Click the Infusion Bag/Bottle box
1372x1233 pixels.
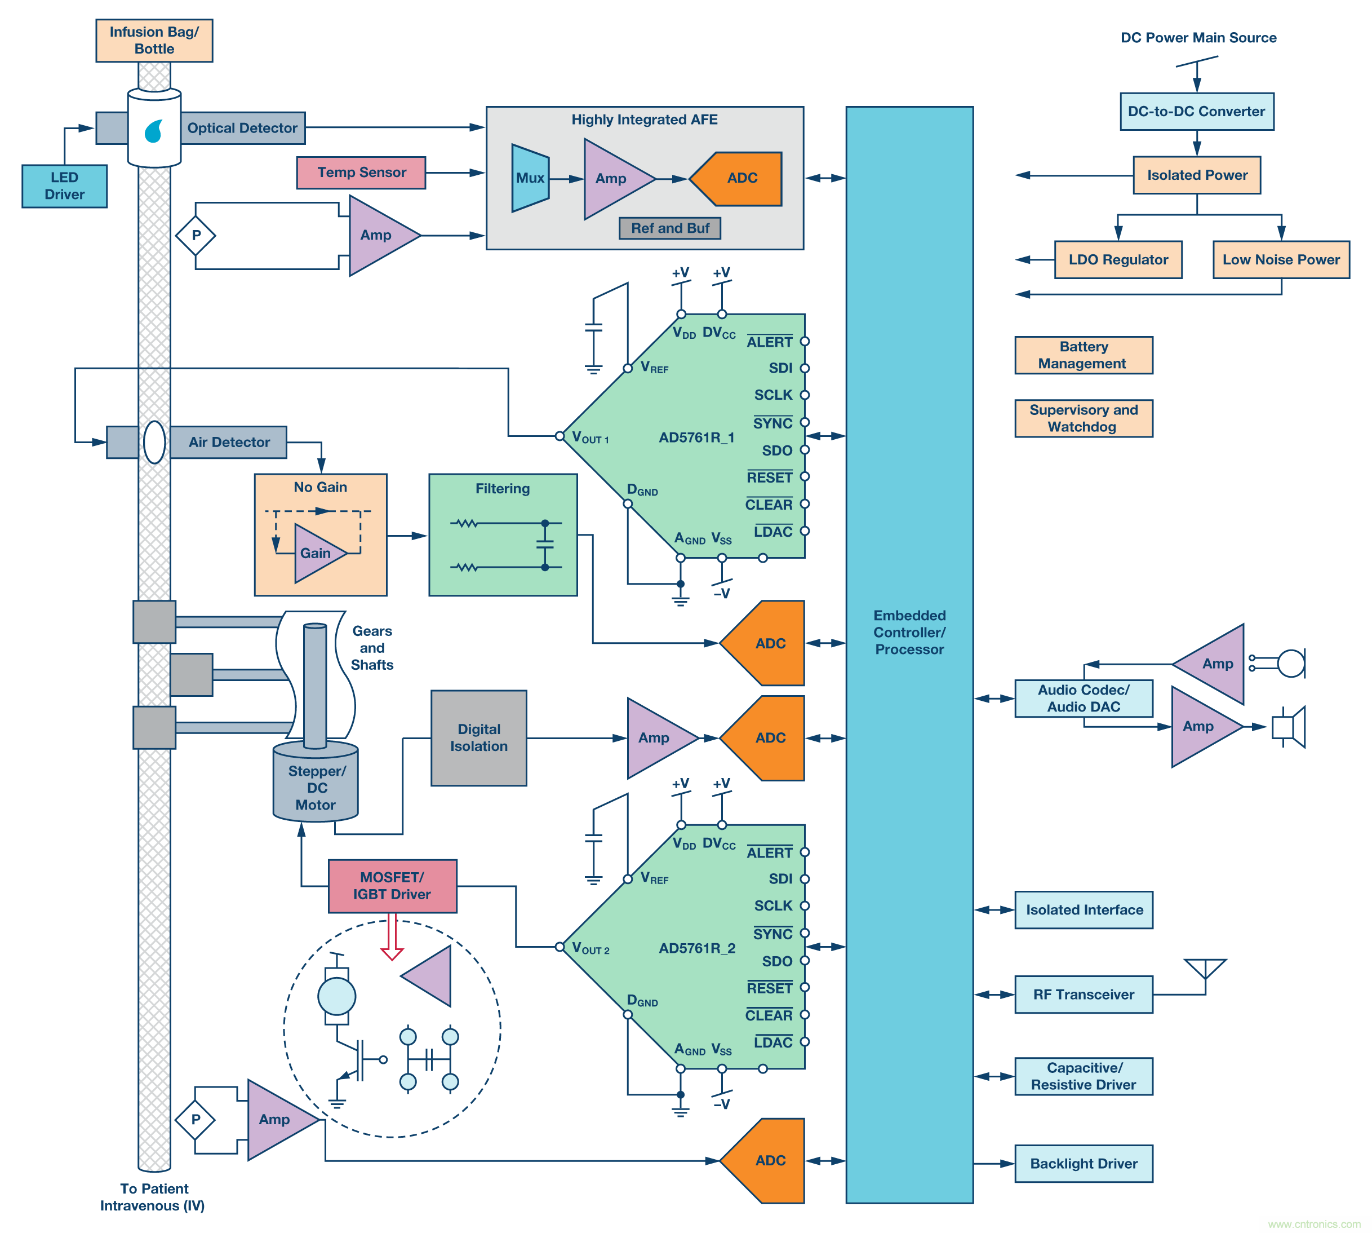coord(154,41)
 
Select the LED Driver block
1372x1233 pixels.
coord(64,185)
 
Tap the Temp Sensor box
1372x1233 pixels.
coord(361,173)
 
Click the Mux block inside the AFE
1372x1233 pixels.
coord(530,178)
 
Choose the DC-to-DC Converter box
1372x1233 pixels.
coord(1196,112)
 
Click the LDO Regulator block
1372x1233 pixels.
coord(1117,259)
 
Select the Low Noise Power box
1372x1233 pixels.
coord(1280,259)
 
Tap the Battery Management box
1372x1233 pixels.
coord(1083,355)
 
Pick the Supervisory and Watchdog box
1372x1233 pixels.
coord(1083,418)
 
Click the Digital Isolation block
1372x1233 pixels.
coord(478,738)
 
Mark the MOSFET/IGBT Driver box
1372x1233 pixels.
coord(392,886)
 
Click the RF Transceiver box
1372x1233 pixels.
coord(1083,994)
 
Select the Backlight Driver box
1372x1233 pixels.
coord(1083,1163)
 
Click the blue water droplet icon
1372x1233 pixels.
coord(154,131)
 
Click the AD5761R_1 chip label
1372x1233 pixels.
coord(696,437)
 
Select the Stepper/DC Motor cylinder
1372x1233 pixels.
coord(315,786)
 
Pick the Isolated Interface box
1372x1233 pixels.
coord(1083,910)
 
